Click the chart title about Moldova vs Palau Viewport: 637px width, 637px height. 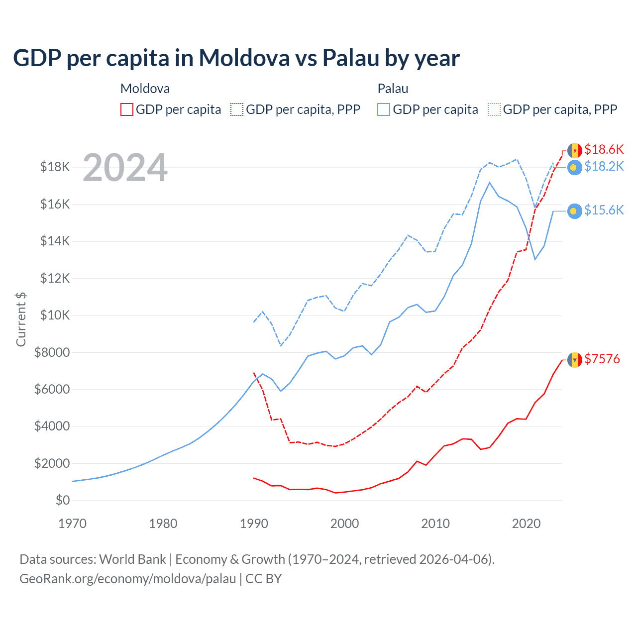[236, 58]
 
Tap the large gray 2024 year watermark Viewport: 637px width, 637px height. [125, 168]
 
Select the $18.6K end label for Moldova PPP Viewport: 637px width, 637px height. [604, 149]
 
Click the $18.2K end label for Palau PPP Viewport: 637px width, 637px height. [604, 167]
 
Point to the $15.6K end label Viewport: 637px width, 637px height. [604, 211]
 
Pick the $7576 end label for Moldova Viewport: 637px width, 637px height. [602, 359]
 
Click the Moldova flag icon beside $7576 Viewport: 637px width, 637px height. [575, 360]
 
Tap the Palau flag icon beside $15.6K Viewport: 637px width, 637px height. [575, 212]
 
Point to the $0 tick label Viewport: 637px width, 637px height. [63, 500]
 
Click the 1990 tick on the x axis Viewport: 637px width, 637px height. [254, 524]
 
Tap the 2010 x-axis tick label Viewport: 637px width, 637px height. [435, 524]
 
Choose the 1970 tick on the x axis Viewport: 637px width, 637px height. [72, 524]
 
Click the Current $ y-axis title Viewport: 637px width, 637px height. [21, 319]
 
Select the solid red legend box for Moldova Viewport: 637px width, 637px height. [127, 109]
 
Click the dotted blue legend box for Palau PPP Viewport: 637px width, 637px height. [494, 109]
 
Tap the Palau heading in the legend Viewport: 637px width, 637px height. [393, 89]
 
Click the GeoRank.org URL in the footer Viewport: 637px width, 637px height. [128, 579]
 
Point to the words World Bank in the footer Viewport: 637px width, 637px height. [132, 559]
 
